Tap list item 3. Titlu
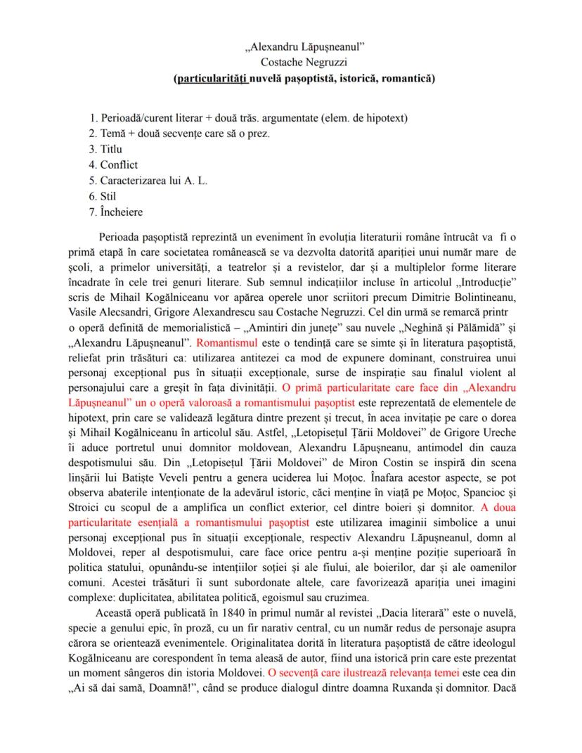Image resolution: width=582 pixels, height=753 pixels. coord(105,149)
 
